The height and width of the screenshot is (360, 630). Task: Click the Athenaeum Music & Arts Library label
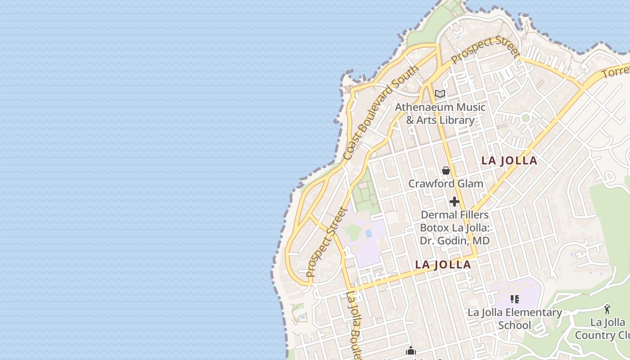point(440,113)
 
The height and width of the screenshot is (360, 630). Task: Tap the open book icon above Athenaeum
point(440,94)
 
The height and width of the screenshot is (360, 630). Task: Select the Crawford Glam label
point(445,184)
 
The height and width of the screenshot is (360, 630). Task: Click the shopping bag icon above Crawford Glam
point(445,171)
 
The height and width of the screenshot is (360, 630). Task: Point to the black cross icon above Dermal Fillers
point(454,202)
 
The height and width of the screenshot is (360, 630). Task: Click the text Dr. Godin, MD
point(454,241)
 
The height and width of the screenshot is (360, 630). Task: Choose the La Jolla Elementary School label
point(515,319)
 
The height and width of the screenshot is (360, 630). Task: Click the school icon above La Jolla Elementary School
point(515,299)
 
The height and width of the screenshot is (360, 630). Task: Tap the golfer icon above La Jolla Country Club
point(607,309)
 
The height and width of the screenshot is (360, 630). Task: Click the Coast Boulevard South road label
point(381,112)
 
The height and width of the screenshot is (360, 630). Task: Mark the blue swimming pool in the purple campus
point(369,234)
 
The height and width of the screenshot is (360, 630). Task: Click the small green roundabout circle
point(525,118)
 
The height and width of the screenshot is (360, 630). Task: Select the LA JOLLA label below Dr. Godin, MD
point(443,265)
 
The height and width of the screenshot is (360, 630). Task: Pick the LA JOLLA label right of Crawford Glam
point(509,161)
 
